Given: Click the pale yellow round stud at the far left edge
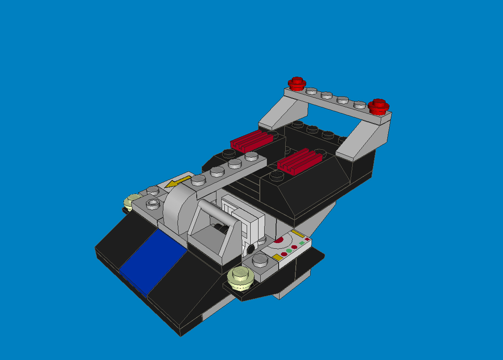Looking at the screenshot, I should pyautogui.click(x=131, y=203).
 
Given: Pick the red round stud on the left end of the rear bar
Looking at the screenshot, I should pyautogui.click(x=297, y=83).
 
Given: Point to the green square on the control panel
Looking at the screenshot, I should pyautogui.click(x=301, y=242).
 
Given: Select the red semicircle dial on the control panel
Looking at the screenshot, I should pyautogui.click(x=279, y=240).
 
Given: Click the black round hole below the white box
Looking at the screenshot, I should pyautogui.click(x=251, y=249).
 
